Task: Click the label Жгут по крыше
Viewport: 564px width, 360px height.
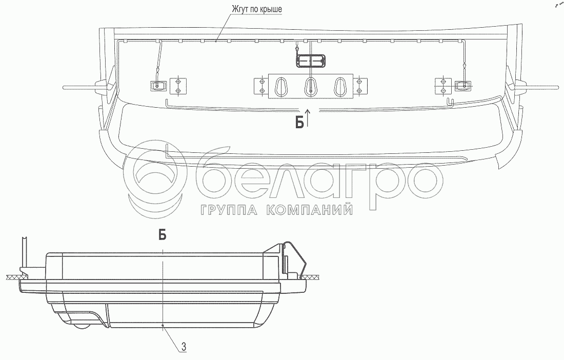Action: [256, 9]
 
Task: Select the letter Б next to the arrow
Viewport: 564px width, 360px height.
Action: [299, 123]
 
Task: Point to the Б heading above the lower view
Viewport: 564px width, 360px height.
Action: [162, 235]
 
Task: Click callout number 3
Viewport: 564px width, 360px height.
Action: [184, 347]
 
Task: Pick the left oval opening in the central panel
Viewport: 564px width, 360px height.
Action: [280, 87]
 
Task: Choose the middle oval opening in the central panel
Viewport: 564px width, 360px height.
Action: [310, 87]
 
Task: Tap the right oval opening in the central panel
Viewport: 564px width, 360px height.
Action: [340, 87]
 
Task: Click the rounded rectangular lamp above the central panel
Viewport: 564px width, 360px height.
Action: [310, 61]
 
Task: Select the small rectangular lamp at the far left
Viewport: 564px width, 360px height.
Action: [157, 86]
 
